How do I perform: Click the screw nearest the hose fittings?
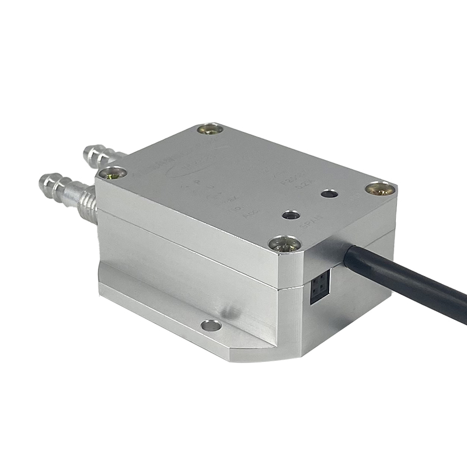point(113,172)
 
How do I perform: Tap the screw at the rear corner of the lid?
point(210,129)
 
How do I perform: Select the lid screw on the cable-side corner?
point(380,189)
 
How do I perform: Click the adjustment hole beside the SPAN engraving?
point(290,215)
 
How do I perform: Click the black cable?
point(409,286)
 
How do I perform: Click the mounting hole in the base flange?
point(211,325)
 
